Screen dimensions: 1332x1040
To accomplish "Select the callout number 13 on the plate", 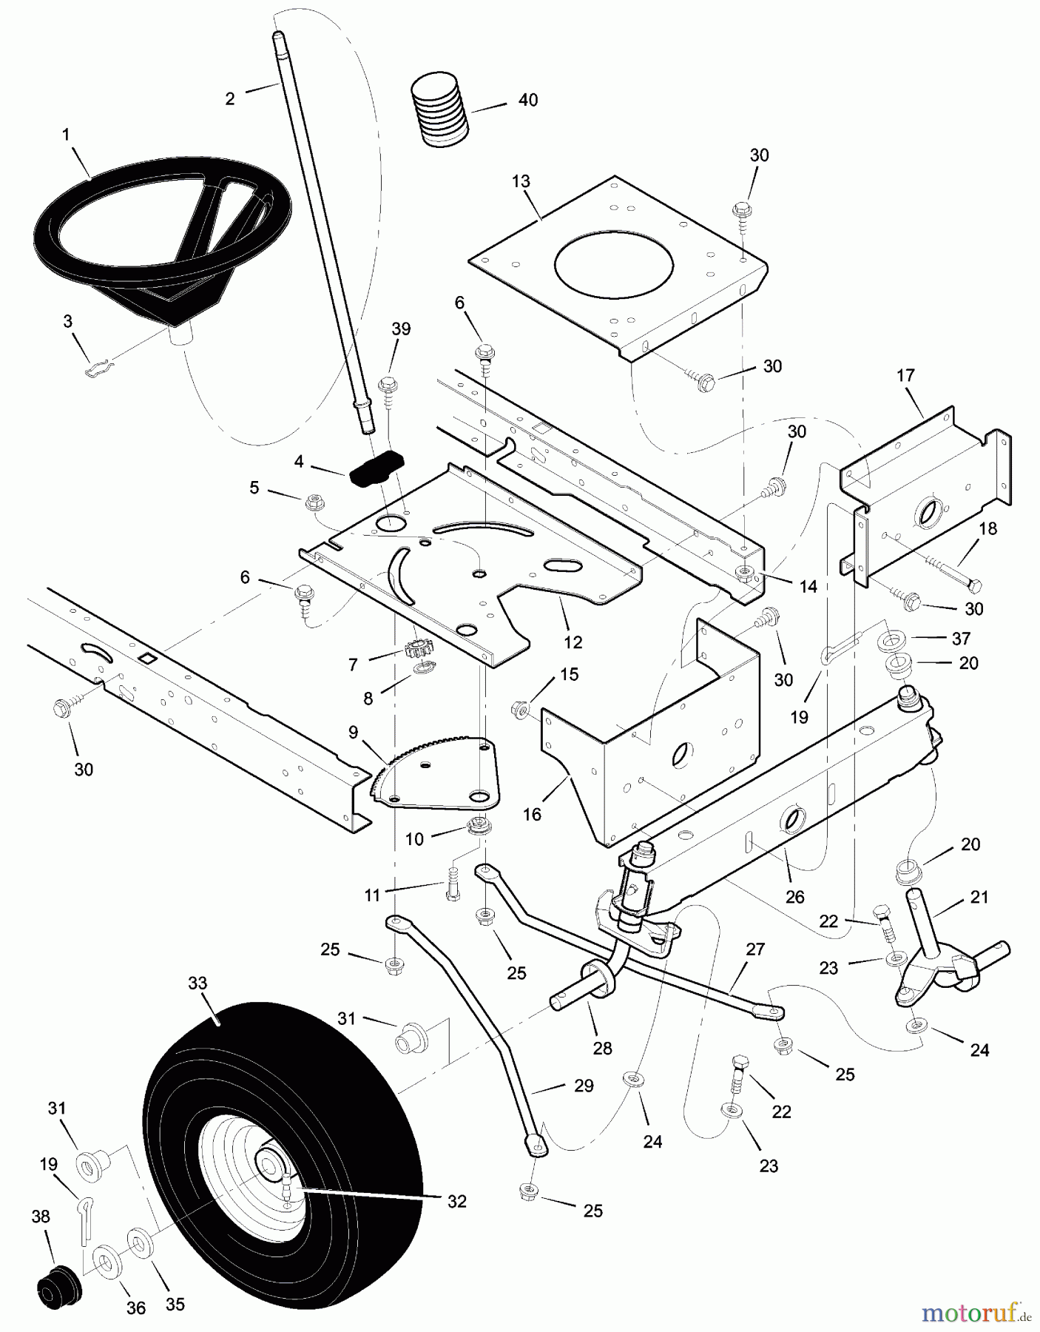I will [x=521, y=181].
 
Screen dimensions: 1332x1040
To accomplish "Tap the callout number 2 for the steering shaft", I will [x=230, y=99].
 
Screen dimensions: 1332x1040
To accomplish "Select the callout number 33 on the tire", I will [x=197, y=983].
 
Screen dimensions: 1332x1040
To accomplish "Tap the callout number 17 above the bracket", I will [x=905, y=376].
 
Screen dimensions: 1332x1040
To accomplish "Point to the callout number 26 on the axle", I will [x=794, y=898].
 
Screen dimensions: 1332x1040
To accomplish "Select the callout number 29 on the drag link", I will [x=584, y=1086].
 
